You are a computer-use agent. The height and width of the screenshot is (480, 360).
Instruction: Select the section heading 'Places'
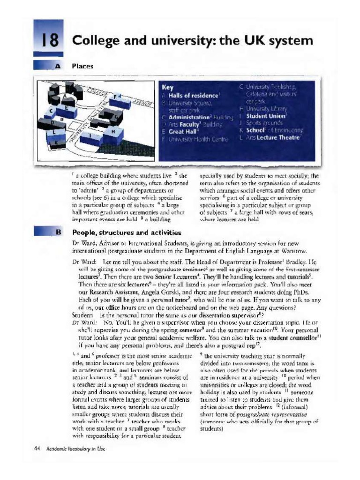(82, 67)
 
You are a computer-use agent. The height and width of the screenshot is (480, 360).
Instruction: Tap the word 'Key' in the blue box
(167, 87)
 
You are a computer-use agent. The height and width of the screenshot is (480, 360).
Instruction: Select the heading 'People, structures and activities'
(127, 232)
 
